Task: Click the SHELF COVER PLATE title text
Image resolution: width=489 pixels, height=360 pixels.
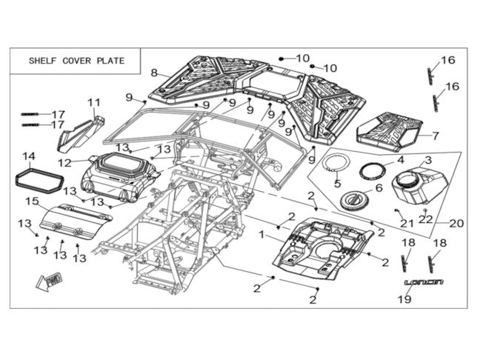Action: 76,61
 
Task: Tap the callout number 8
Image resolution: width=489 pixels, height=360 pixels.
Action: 154,73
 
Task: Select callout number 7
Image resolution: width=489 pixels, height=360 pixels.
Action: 436,136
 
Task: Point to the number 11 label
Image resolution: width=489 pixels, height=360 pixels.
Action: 94,102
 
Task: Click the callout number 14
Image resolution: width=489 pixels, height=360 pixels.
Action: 29,156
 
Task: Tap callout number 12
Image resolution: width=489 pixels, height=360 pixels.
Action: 64,162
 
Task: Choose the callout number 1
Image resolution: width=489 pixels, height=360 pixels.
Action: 261,234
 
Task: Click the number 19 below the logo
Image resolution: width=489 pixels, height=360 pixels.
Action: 405,299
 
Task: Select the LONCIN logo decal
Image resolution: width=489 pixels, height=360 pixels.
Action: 424,283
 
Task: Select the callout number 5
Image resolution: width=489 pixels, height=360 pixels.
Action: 338,183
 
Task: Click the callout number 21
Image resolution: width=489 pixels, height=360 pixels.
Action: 406,223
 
